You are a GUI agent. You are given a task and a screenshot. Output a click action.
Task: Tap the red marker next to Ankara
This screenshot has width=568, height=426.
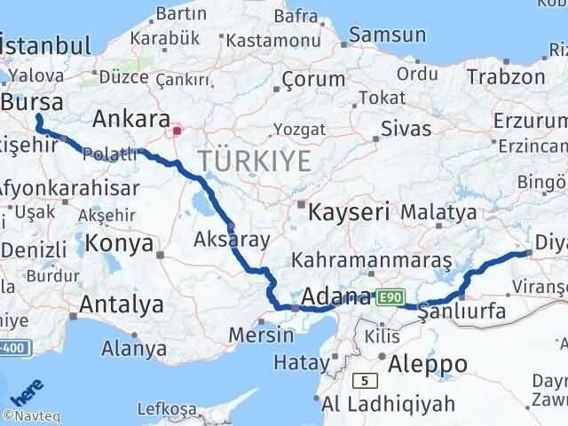177,131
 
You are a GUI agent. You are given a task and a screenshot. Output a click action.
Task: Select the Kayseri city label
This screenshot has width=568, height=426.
349,213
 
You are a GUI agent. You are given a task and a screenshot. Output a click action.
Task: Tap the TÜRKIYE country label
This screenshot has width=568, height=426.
255,162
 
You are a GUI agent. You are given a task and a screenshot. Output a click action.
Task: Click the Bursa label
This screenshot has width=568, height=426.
33,103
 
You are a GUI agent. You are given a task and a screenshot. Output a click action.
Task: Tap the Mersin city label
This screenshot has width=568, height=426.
261,335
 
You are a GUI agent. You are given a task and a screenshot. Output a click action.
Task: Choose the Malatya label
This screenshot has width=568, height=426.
438,213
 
